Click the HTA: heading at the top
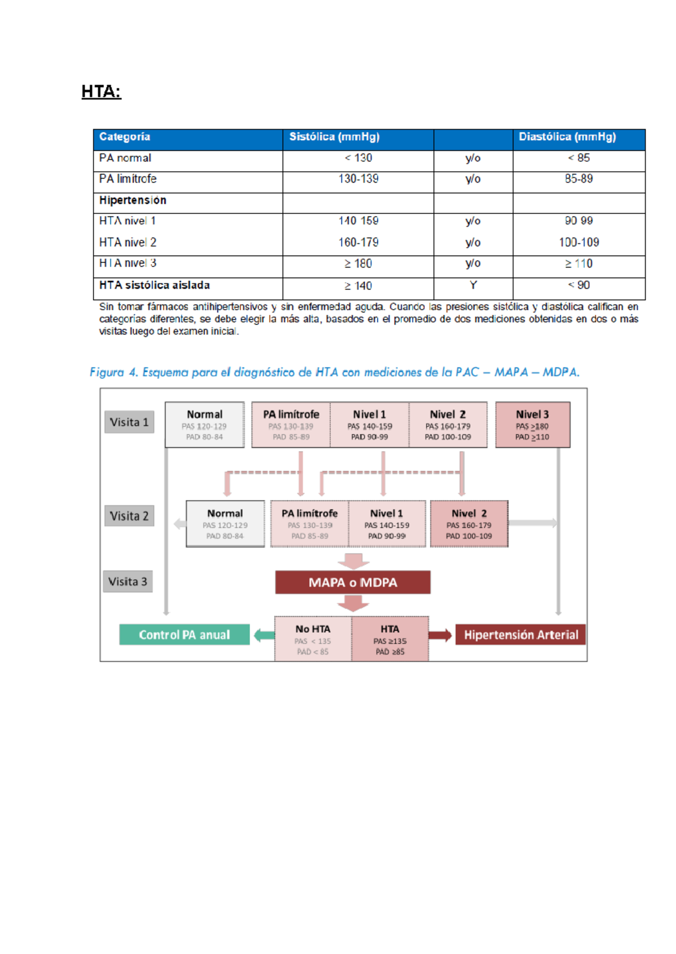101,91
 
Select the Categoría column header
124,137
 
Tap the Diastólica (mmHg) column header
567,137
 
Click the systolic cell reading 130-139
358,179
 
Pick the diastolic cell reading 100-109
579,242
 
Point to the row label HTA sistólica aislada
154,286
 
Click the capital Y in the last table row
473,286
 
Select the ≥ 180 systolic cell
358,264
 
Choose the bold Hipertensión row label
133,200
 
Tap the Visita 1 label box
129,422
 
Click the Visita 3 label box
128,582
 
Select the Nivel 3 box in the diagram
532,425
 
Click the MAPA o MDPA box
353,582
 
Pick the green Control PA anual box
184,635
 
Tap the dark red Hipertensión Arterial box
521,635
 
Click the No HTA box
313,639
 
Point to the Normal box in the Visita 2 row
225,524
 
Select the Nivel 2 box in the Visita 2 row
469,524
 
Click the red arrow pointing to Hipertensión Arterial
441,635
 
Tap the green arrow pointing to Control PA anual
263,635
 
